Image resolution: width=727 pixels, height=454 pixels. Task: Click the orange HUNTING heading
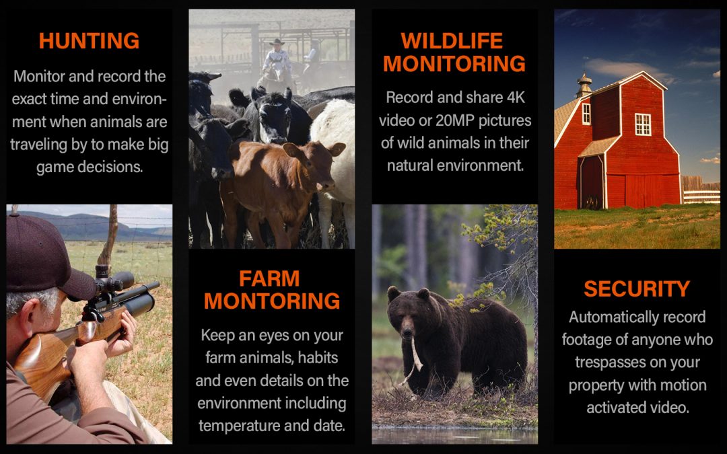[x=89, y=41]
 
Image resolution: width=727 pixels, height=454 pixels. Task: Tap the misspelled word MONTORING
[x=272, y=301]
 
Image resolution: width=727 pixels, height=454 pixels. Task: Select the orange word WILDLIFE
[x=452, y=41]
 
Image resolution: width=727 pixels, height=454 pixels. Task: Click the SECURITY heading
[x=637, y=289]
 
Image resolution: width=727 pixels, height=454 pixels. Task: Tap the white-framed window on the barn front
[x=643, y=124]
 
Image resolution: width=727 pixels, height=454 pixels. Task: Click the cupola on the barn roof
[x=584, y=85]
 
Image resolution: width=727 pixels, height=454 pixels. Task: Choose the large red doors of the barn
[x=643, y=191]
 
